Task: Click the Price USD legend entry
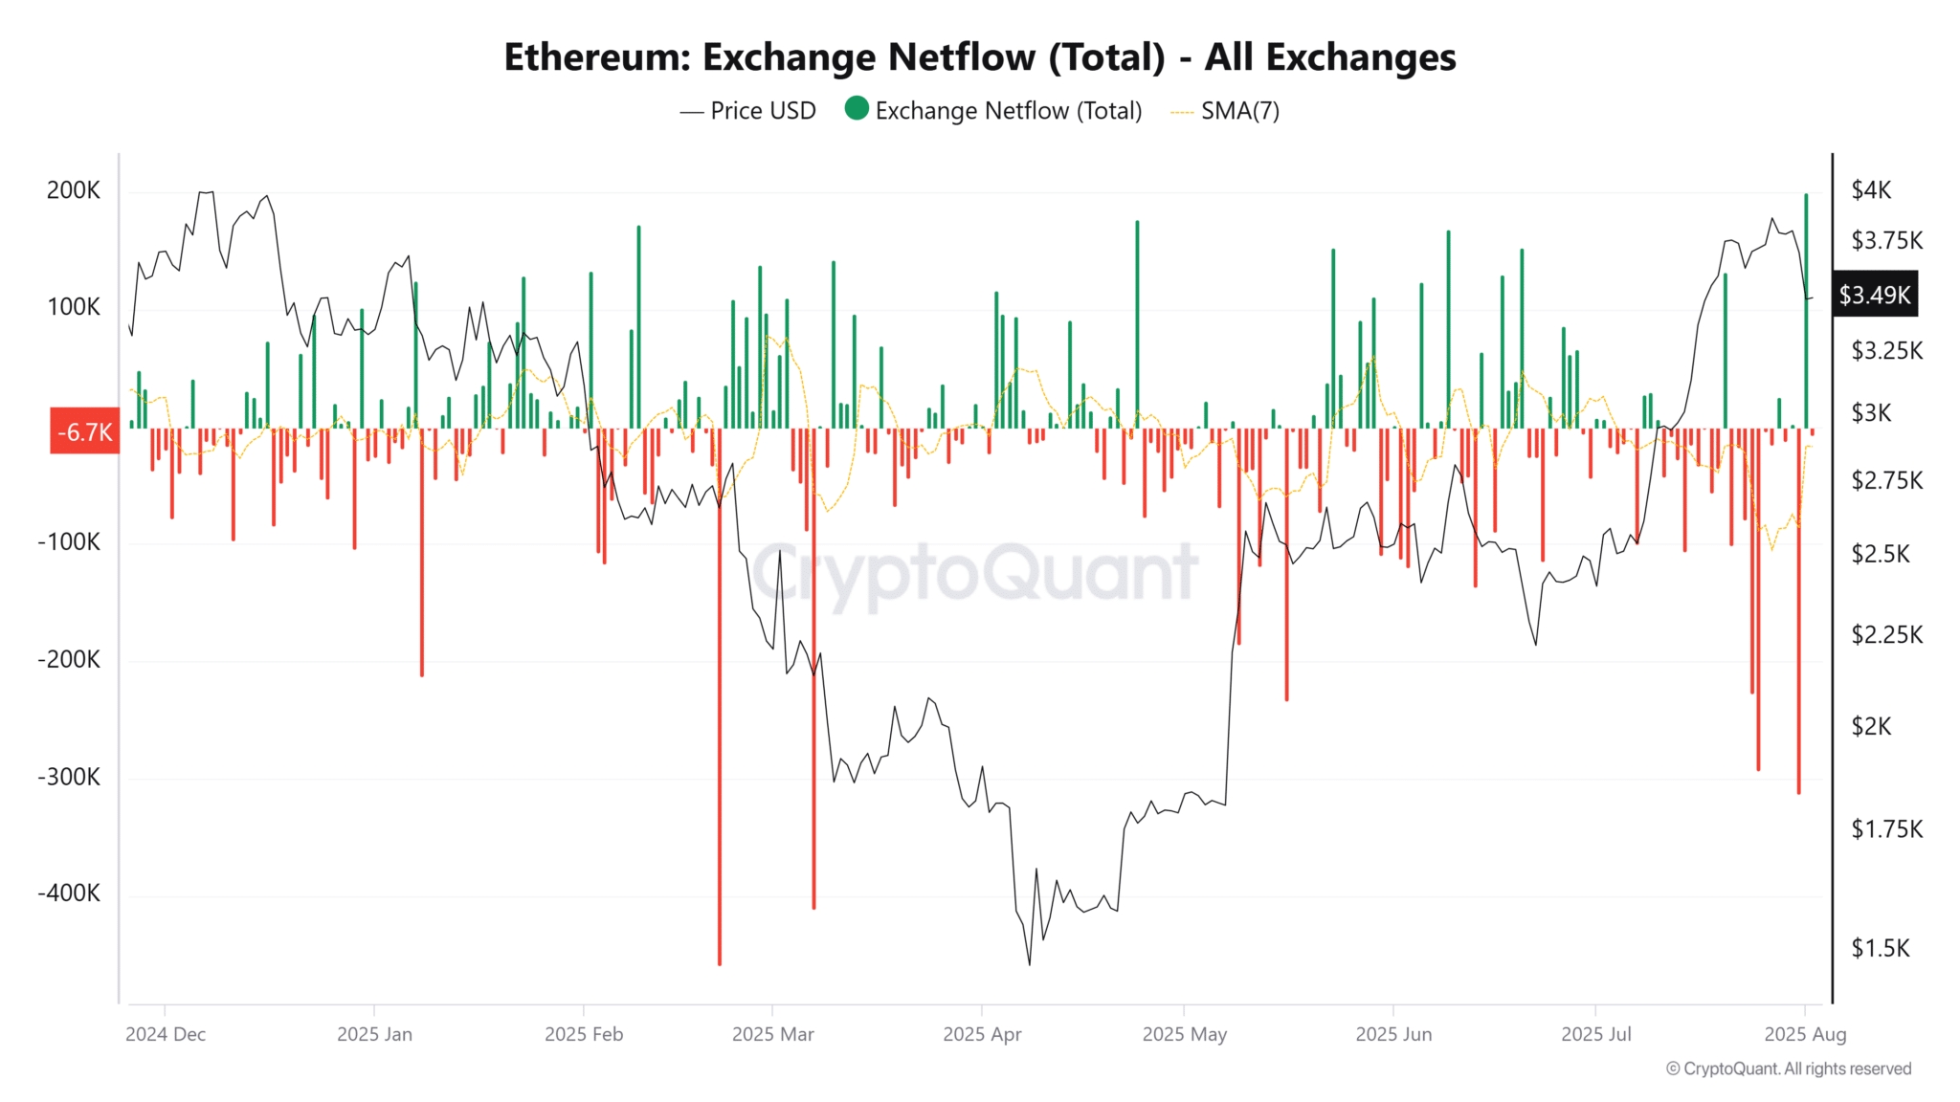[762, 111]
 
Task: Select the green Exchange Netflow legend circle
[857, 109]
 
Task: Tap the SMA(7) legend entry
[1239, 111]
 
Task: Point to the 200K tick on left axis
[74, 190]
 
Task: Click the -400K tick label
[69, 893]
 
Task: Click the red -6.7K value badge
[85, 432]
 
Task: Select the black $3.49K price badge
[1874, 295]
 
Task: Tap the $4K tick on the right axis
[1871, 190]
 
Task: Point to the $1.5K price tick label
[1880, 948]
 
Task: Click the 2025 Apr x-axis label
[982, 1034]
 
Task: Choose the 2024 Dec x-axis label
[166, 1034]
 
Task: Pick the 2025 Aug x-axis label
[1805, 1034]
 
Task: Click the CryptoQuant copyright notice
[1788, 1069]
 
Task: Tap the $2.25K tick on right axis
[1886, 635]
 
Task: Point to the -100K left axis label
[69, 542]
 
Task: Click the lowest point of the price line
[1030, 964]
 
